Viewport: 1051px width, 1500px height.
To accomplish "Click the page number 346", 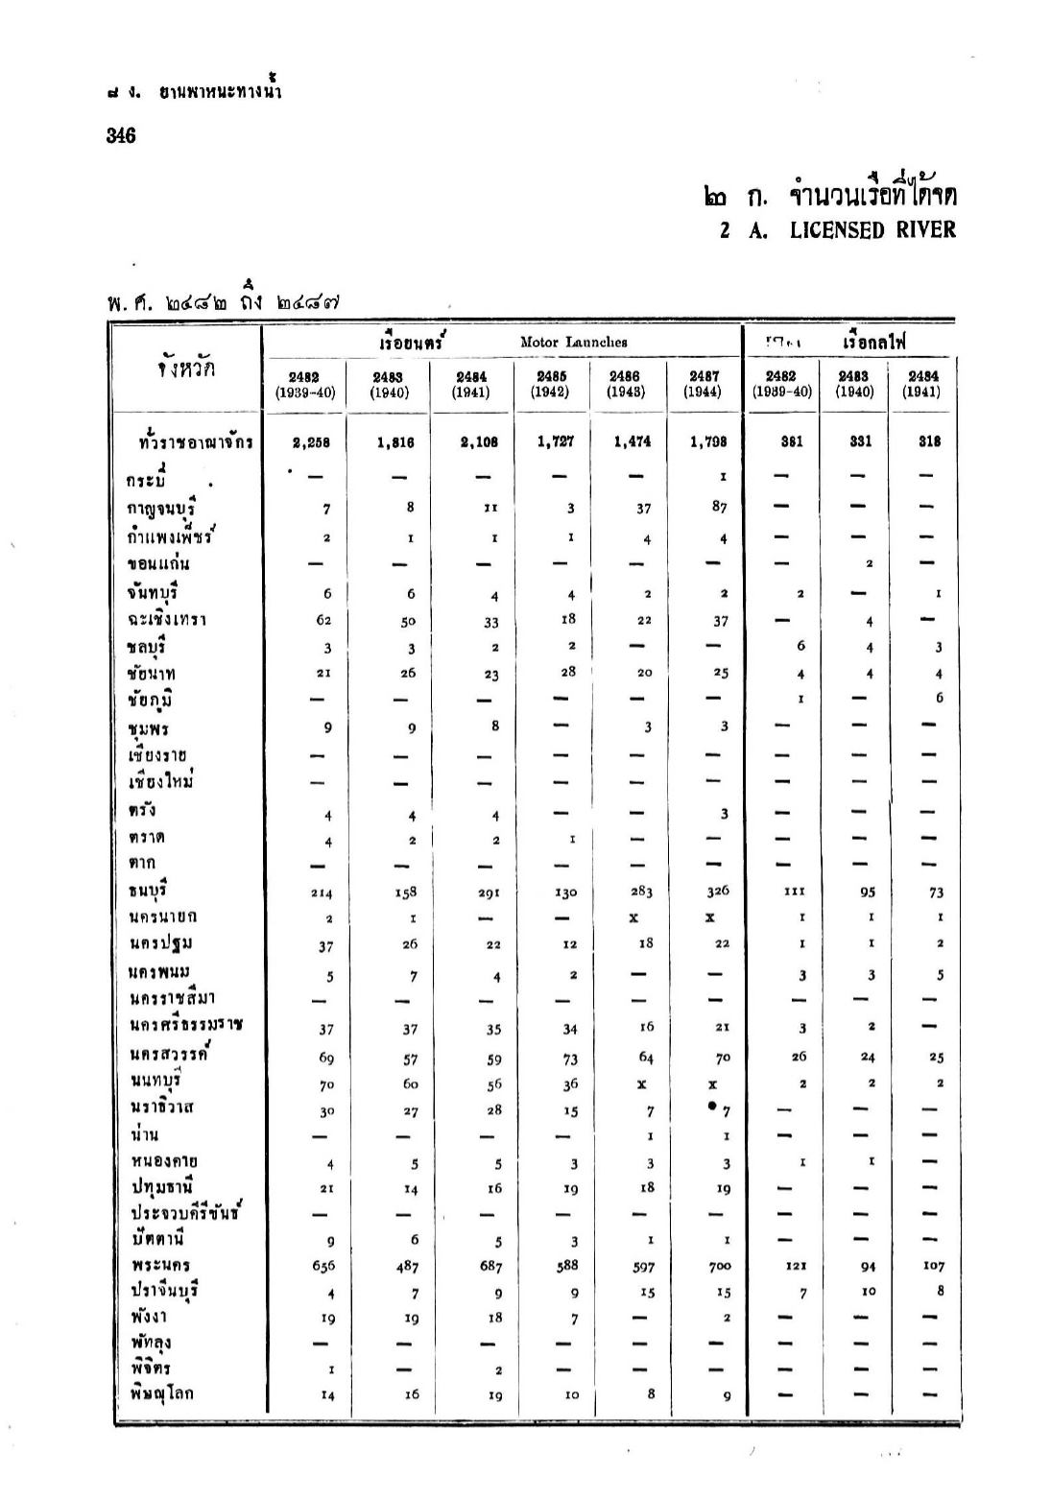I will click(x=121, y=135).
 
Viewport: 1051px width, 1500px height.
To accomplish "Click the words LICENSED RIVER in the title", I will click(x=872, y=230).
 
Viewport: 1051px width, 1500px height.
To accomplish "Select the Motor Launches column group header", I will click(x=573, y=342).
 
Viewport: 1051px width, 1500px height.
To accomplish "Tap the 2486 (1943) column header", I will click(x=625, y=385).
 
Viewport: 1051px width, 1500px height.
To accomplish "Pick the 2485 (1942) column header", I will click(x=550, y=385).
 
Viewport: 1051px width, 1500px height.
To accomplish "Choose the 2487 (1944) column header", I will click(x=705, y=385).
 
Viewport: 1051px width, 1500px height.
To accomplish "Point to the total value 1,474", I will click(x=632, y=441).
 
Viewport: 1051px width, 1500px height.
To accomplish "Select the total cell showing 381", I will click(x=791, y=441).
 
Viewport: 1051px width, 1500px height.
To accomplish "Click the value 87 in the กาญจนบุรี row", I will click(x=720, y=507).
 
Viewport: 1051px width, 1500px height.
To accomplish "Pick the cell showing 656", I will click(x=323, y=1266).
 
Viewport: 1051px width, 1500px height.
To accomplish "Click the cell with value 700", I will click(x=719, y=1266).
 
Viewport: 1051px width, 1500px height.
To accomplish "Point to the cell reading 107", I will click(x=934, y=1266).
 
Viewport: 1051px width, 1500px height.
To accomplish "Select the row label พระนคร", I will click(x=159, y=1265).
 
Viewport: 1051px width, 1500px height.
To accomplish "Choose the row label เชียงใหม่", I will click(x=161, y=781).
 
